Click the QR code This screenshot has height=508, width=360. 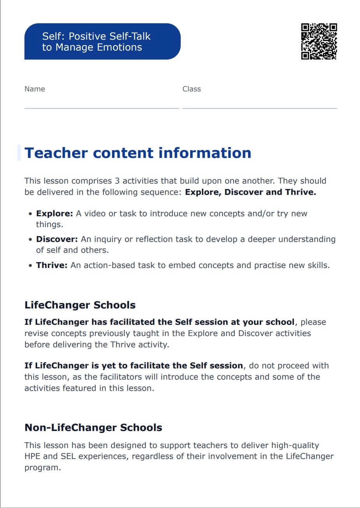point(319,42)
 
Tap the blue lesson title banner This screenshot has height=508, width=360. point(102,42)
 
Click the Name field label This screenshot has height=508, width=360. point(35,89)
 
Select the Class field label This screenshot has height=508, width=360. point(192,89)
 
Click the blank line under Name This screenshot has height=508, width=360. point(101,108)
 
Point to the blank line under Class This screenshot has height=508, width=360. point(259,108)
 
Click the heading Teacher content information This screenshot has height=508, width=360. point(138,153)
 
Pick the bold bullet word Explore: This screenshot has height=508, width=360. point(54,214)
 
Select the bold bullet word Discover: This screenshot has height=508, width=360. point(57,239)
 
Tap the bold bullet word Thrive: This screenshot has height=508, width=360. point(52,265)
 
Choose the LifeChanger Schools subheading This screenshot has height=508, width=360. point(80,305)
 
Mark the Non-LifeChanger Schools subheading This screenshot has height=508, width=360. point(93,427)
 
